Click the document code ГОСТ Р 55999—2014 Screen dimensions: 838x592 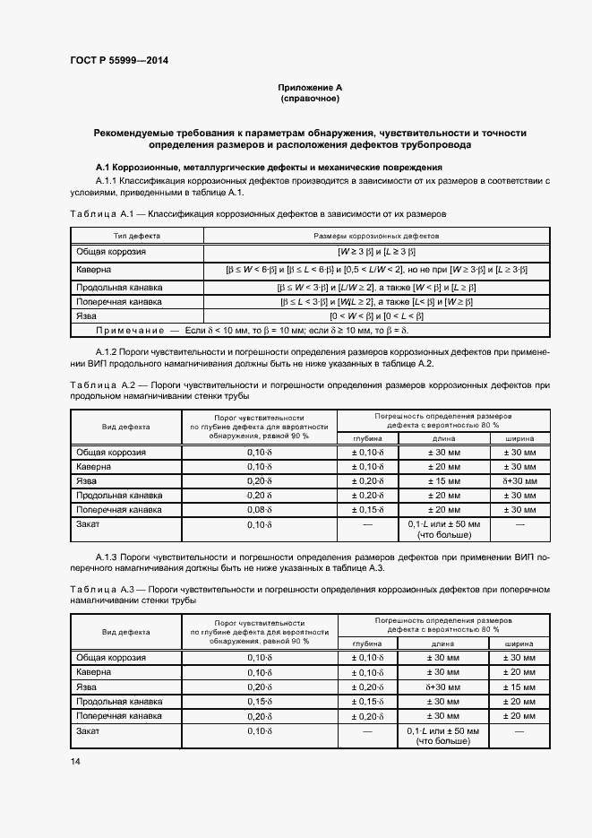pos(118,60)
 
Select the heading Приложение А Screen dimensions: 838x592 pos(310,88)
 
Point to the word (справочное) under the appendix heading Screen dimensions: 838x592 pos(310,99)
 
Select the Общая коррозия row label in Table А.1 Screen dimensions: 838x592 pos(111,252)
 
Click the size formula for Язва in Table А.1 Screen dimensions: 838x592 pos(375,315)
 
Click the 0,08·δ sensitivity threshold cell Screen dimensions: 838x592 pos(259,509)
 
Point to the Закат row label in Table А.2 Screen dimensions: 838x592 pos(89,523)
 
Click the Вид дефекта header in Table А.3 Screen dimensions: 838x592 pos(125,632)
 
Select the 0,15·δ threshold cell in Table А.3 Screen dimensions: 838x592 pos(259,701)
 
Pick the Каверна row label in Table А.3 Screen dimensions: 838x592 pos(93,672)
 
